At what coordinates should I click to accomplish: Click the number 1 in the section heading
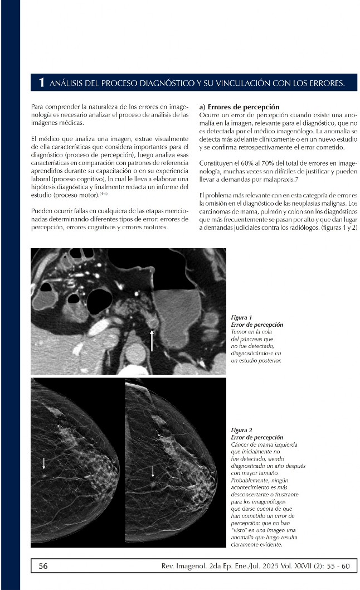tap(41, 83)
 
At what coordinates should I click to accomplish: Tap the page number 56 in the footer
tap(43, 566)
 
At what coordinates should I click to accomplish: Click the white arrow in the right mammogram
tap(153, 472)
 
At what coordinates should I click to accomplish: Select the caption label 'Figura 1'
tap(241, 317)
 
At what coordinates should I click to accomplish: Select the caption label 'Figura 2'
tap(241, 431)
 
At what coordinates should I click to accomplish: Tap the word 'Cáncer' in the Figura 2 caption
tap(240, 444)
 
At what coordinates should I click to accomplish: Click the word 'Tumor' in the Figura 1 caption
tap(239, 332)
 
